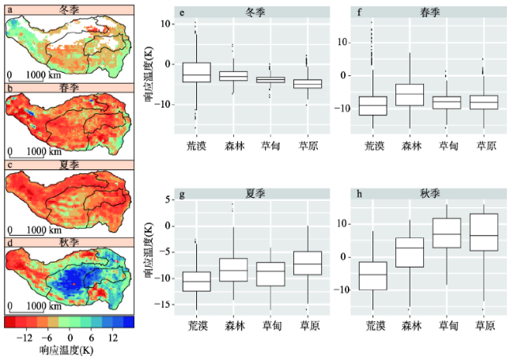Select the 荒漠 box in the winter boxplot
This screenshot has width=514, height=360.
197,72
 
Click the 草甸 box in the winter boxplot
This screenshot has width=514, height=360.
270,79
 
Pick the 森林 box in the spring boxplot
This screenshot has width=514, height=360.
409,94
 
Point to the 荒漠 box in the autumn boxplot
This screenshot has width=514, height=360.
372,275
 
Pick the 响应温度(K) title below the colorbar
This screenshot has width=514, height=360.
69,349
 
